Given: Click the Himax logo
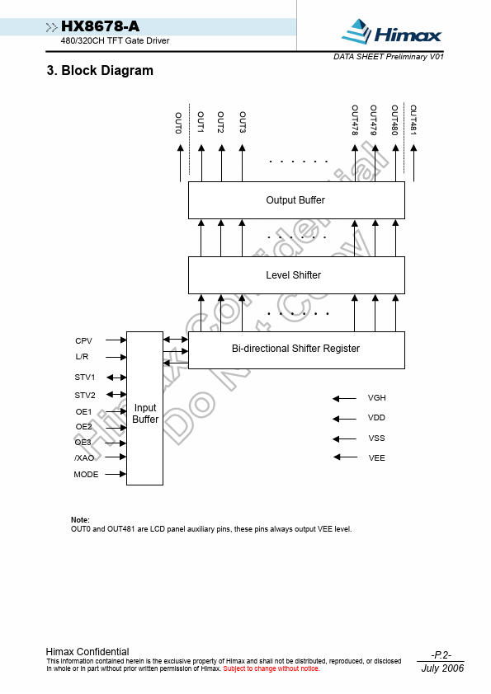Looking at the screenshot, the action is point(391,31).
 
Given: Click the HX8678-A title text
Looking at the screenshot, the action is point(100,26).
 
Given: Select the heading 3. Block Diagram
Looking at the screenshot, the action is point(100,70).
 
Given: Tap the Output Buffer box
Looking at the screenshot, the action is point(296,200).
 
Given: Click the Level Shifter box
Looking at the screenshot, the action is point(296,275).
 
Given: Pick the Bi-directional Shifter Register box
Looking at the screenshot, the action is point(296,350).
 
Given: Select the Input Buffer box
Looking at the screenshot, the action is point(145,408).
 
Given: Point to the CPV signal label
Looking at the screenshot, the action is point(83,340).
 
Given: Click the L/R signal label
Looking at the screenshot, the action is point(82,357).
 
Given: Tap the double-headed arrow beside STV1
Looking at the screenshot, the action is point(116,377).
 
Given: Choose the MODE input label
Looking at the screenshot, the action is point(86,475).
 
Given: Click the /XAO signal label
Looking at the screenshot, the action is point(84,457).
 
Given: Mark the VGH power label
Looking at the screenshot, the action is point(376,398).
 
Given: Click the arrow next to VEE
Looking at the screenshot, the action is point(345,457).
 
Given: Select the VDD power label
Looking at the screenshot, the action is point(376,418).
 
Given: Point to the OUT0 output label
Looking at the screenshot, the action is point(178,123).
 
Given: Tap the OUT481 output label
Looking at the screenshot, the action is point(413,120).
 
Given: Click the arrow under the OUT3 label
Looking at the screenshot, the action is point(242,163).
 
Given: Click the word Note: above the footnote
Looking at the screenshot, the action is point(80,520).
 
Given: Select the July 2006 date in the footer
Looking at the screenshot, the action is point(442,668).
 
